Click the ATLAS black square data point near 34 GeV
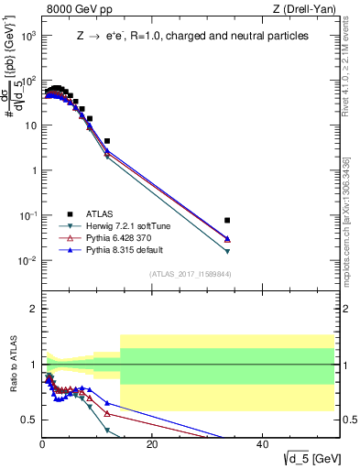click(227, 220)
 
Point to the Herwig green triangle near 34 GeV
click(227, 251)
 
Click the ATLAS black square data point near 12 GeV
click(107, 141)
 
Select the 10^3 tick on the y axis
click(27, 36)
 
